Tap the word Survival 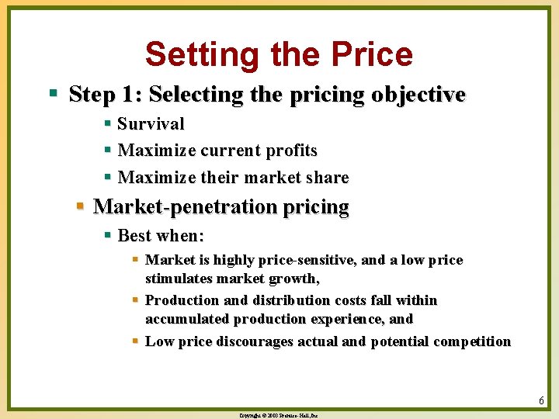coord(151,124)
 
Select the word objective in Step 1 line coord(418,95)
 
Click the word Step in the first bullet coord(90,95)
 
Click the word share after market coord(327,177)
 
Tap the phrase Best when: coord(160,234)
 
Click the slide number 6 coord(540,400)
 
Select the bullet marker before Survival coord(108,124)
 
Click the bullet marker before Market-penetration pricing coord(80,207)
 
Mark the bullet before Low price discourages coord(135,341)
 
